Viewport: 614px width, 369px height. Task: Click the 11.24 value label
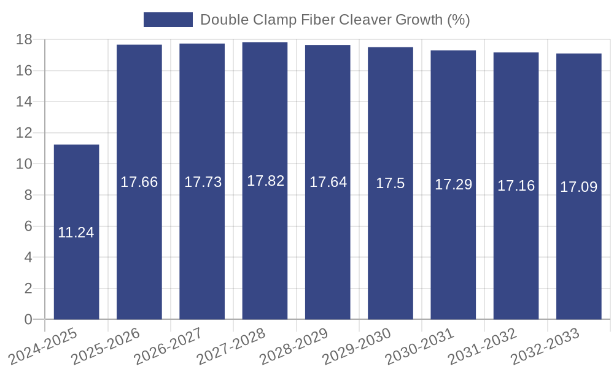point(76,232)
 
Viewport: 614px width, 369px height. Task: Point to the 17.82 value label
point(265,181)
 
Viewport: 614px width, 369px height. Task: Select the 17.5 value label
point(391,183)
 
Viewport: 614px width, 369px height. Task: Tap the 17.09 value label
point(578,187)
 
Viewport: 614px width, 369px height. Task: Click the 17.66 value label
point(139,182)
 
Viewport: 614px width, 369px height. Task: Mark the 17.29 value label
point(453,184)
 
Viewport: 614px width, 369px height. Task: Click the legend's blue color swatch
point(168,20)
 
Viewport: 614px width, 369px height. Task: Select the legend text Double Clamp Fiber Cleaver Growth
point(335,20)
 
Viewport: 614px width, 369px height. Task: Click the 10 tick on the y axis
point(25,164)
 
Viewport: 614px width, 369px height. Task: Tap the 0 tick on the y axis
point(28,319)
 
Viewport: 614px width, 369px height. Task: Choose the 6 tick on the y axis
point(28,226)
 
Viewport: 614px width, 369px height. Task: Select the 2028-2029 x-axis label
point(295,347)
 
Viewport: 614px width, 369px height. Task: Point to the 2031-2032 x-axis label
point(483,347)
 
